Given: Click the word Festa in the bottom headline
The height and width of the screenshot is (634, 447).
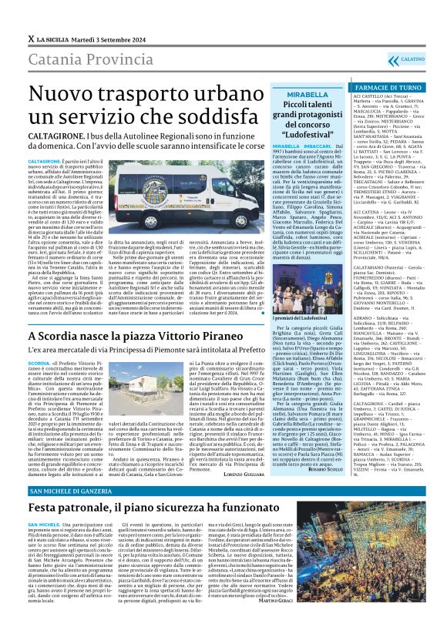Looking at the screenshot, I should (50, 509).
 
